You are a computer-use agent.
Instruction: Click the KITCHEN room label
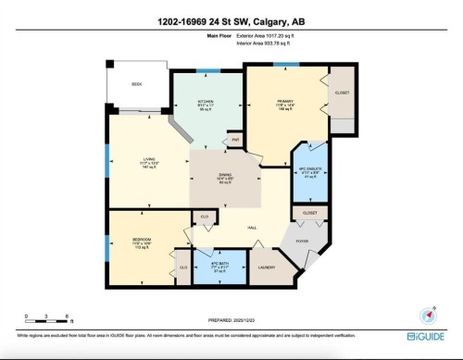tap(206, 101)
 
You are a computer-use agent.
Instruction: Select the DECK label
tap(136, 83)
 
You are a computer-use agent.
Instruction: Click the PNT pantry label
tap(236, 140)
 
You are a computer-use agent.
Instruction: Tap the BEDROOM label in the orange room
tap(128, 242)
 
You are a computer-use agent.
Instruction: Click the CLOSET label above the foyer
tap(310, 213)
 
